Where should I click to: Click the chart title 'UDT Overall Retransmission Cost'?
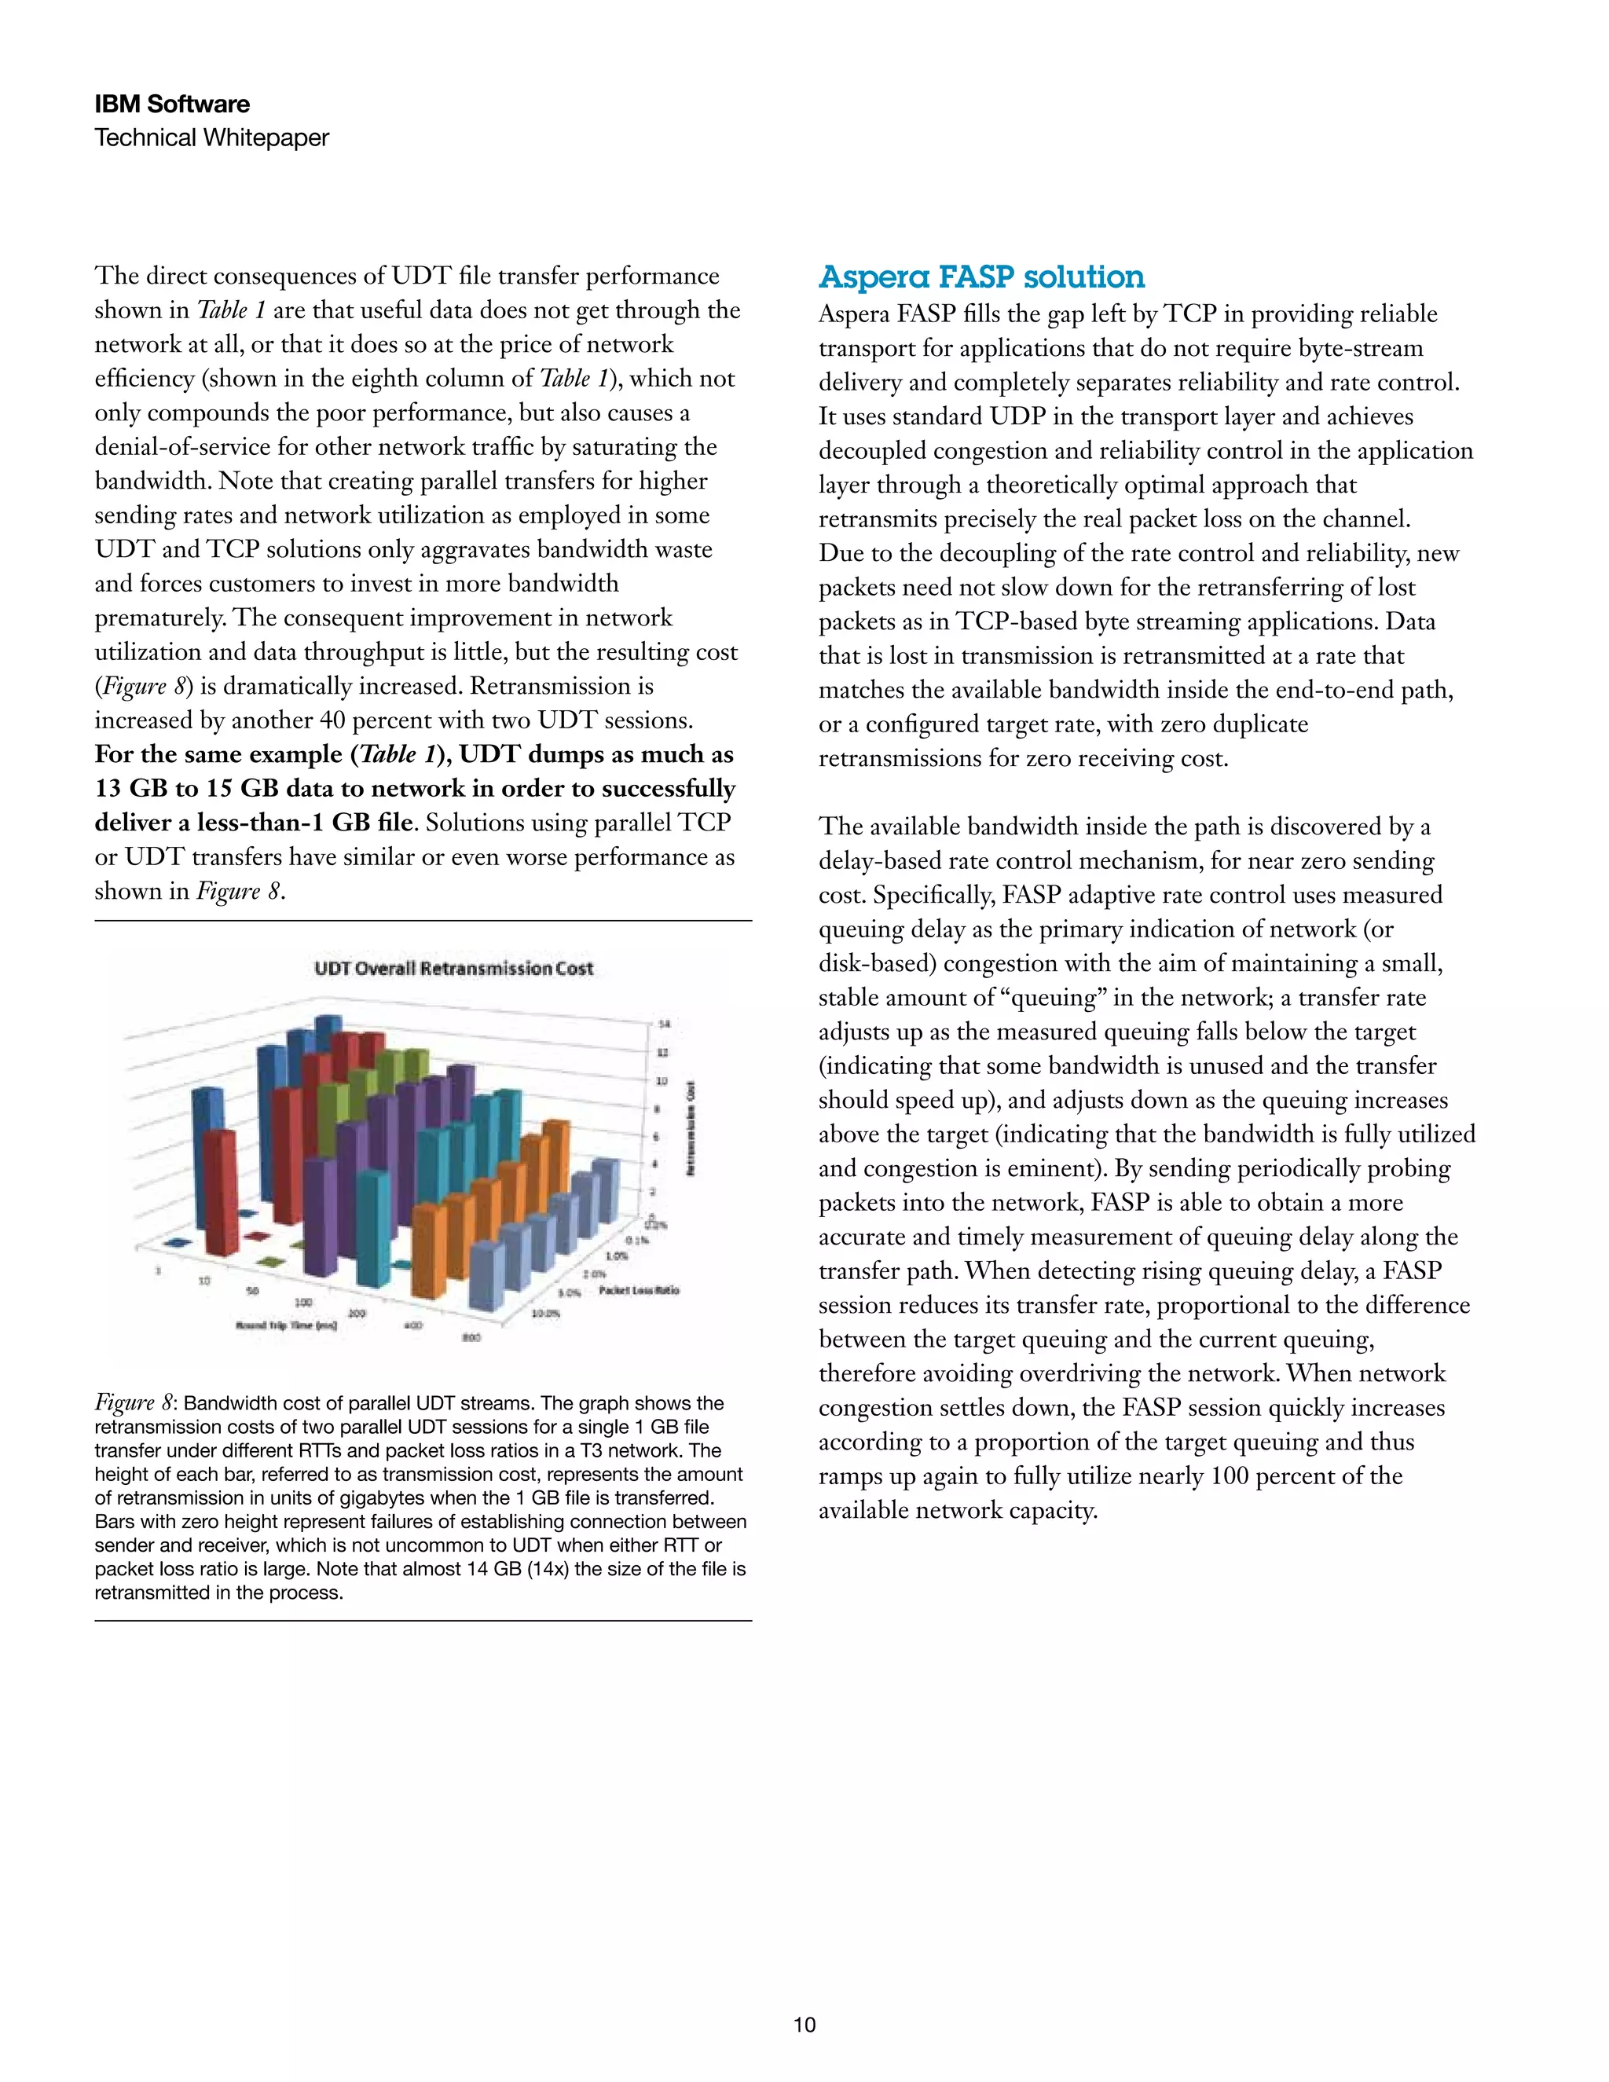[454, 969]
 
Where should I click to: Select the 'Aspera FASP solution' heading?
[982, 277]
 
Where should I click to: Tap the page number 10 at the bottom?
[804, 2025]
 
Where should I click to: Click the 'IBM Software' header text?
[173, 104]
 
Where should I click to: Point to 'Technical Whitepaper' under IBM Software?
[211, 137]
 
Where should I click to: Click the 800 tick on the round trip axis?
[471, 1337]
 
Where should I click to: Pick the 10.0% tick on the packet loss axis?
[545, 1313]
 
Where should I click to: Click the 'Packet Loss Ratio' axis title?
[640, 1290]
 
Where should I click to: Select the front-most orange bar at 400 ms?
[428, 1249]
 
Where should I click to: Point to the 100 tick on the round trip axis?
[303, 1302]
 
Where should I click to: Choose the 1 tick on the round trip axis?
[158, 1270]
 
